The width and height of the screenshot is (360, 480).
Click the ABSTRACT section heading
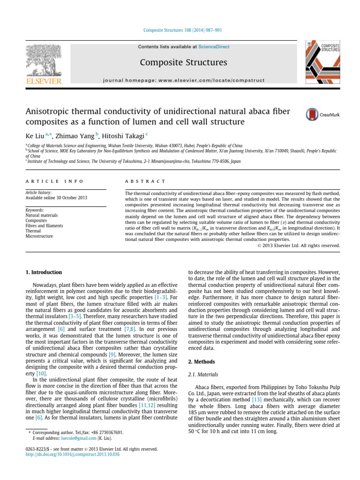145,181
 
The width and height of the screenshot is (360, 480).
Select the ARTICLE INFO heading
54,181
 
